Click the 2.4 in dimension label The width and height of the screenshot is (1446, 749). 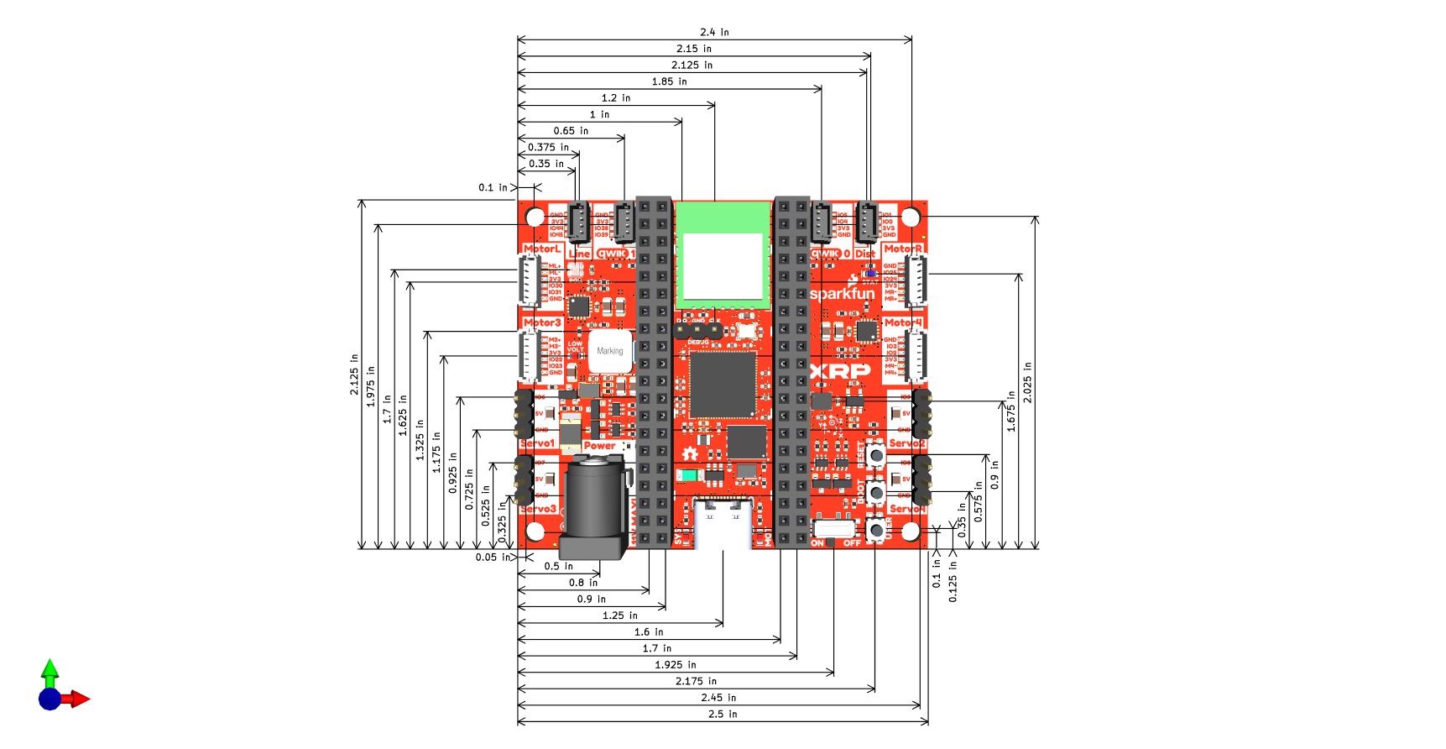pos(714,33)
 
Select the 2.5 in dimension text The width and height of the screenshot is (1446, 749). pos(723,715)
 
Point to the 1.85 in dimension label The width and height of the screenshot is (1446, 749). pos(669,81)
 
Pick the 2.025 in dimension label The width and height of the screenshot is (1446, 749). pos(1028,383)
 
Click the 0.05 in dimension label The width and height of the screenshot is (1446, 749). pos(491,558)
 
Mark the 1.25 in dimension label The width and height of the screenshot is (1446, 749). pos(619,615)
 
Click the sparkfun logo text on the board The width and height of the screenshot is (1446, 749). pos(842,294)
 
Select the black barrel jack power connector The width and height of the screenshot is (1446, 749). pos(593,508)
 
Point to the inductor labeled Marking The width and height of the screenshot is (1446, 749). pos(610,351)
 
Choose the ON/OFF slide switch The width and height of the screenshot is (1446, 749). pos(834,529)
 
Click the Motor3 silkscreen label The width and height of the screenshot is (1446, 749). pos(541,322)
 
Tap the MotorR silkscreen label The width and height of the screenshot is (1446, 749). pos(903,249)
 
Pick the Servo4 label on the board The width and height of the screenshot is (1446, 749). pos(906,510)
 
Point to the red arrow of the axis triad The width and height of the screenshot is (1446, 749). pos(79,699)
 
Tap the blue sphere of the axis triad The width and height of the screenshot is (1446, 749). pos(50,699)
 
